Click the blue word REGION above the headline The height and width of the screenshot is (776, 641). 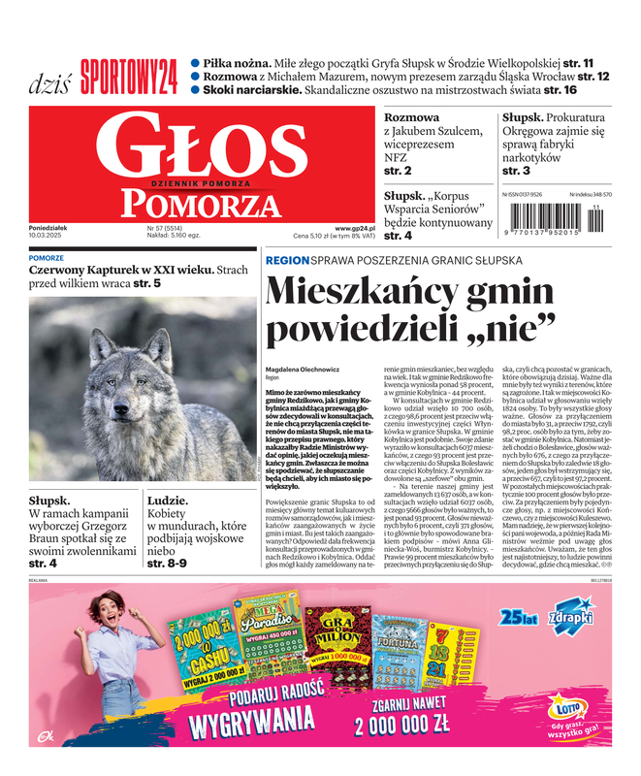[286, 261]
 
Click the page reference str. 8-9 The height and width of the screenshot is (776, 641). [166, 563]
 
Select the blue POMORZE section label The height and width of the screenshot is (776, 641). [47, 259]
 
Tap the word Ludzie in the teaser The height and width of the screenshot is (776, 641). [167, 501]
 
